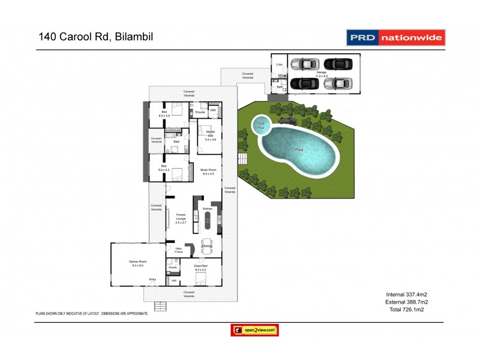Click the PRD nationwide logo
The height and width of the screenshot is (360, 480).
coord(396,38)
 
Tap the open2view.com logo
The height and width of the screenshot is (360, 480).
coord(255,330)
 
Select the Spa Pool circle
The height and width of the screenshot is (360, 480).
coord(260,125)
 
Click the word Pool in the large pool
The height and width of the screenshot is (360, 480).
coord(299,150)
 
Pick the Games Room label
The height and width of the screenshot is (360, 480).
coord(138,263)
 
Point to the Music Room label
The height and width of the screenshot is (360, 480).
coord(207,172)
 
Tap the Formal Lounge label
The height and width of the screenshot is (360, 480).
coord(181,218)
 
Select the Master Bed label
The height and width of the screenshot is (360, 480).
coord(211,133)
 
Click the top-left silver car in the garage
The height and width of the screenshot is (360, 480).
coord(304,64)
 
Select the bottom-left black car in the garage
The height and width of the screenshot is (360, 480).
coord(304,83)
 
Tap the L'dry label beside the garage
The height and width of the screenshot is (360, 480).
coord(279,64)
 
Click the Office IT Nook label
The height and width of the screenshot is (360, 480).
coord(178,250)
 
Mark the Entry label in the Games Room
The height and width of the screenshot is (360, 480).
coord(152,279)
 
